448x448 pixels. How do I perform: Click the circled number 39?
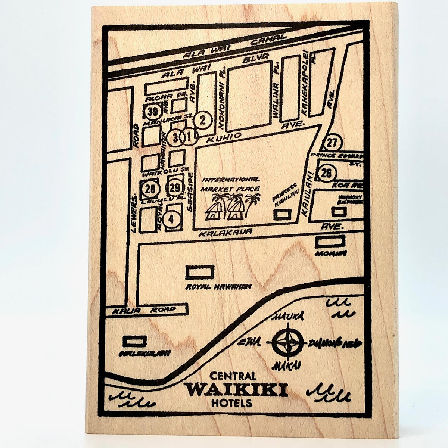point(152,111)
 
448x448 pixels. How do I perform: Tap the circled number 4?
point(171,219)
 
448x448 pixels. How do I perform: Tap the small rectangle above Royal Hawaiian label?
point(200,271)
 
